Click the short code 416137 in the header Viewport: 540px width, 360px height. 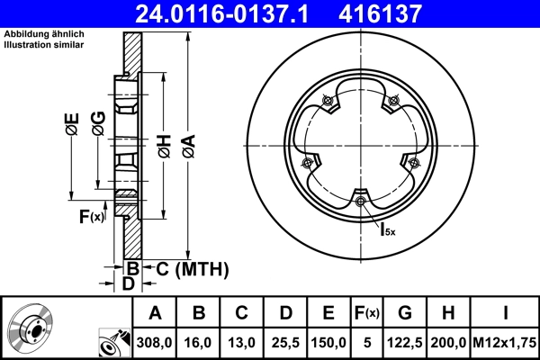pyautogui.click(x=406, y=13)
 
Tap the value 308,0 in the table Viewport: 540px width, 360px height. pyautogui.click(x=155, y=343)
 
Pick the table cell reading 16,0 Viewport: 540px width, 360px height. pyautogui.click(x=200, y=343)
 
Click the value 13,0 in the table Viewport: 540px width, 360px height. pyautogui.click(x=243, y=343)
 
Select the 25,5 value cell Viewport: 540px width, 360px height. pyautogui.click(x=286, y=343)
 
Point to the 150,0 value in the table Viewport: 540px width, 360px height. pyautogui.click(x=329, y=343)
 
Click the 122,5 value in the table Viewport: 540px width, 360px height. pyautogui.click(x=405, y=343)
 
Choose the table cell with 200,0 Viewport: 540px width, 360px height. pyautogui.click(x=449, y=343)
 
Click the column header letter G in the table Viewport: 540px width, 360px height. pyautogui.click(x=405, y=313)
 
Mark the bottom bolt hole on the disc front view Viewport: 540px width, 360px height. pyautogui.click(x=361, y=201)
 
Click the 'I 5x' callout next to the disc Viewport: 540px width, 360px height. pyautogui.click(x=386, y=229)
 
